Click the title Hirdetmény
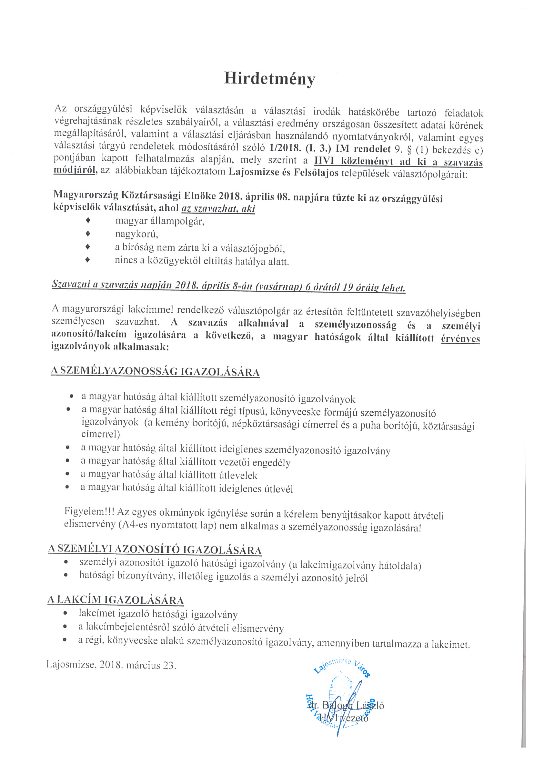point(269,79)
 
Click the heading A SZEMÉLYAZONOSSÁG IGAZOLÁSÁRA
point(155,371)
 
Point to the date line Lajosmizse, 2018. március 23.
point(111,665)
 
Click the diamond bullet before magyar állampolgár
point(88,220)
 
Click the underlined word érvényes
point(460,339)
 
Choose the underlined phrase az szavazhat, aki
point(218,209)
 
